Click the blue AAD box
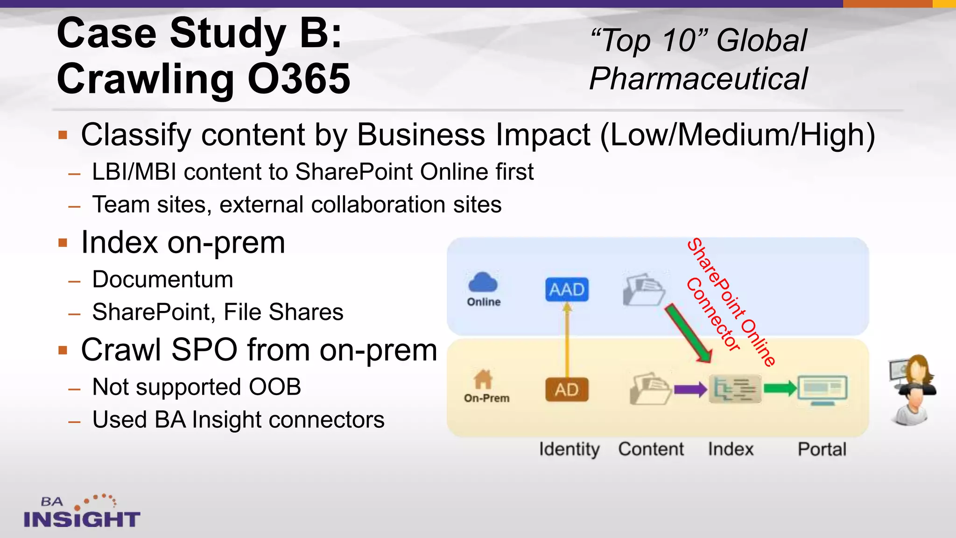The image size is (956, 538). (567, 290)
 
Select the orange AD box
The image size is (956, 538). (567, 389)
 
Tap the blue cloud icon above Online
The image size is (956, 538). (483, 282)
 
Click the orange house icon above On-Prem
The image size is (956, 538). (483, 379)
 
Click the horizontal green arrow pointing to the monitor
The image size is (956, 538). (780, 388)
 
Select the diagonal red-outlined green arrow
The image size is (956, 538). (688, 333)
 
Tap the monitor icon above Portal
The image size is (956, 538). (822, 389)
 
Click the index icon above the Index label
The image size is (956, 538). (735, 389)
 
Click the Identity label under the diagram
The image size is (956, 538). (569, 449)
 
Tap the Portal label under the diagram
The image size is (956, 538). (822, 449)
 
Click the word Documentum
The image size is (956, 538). (162, 280)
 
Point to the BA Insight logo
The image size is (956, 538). (82, 512)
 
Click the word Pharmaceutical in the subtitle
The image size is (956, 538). (698, 78)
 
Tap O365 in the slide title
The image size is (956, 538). (299, 79)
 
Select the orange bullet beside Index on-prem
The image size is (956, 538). (63, 243)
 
